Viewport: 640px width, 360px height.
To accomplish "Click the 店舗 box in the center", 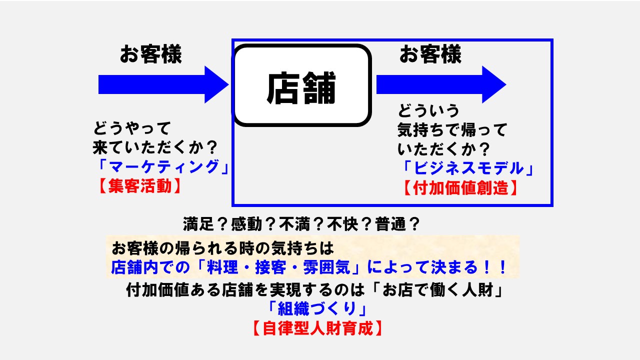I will tap(302, 85).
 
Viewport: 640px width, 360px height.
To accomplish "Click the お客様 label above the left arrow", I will tap(150, 54).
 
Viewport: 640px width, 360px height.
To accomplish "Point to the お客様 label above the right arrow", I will tap(430, 54).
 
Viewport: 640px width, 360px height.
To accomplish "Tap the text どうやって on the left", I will tap(132, 128).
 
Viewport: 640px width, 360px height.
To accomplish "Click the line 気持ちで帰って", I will tap(452, 130).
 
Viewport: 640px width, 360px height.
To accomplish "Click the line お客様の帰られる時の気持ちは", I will tap(222, 247).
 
